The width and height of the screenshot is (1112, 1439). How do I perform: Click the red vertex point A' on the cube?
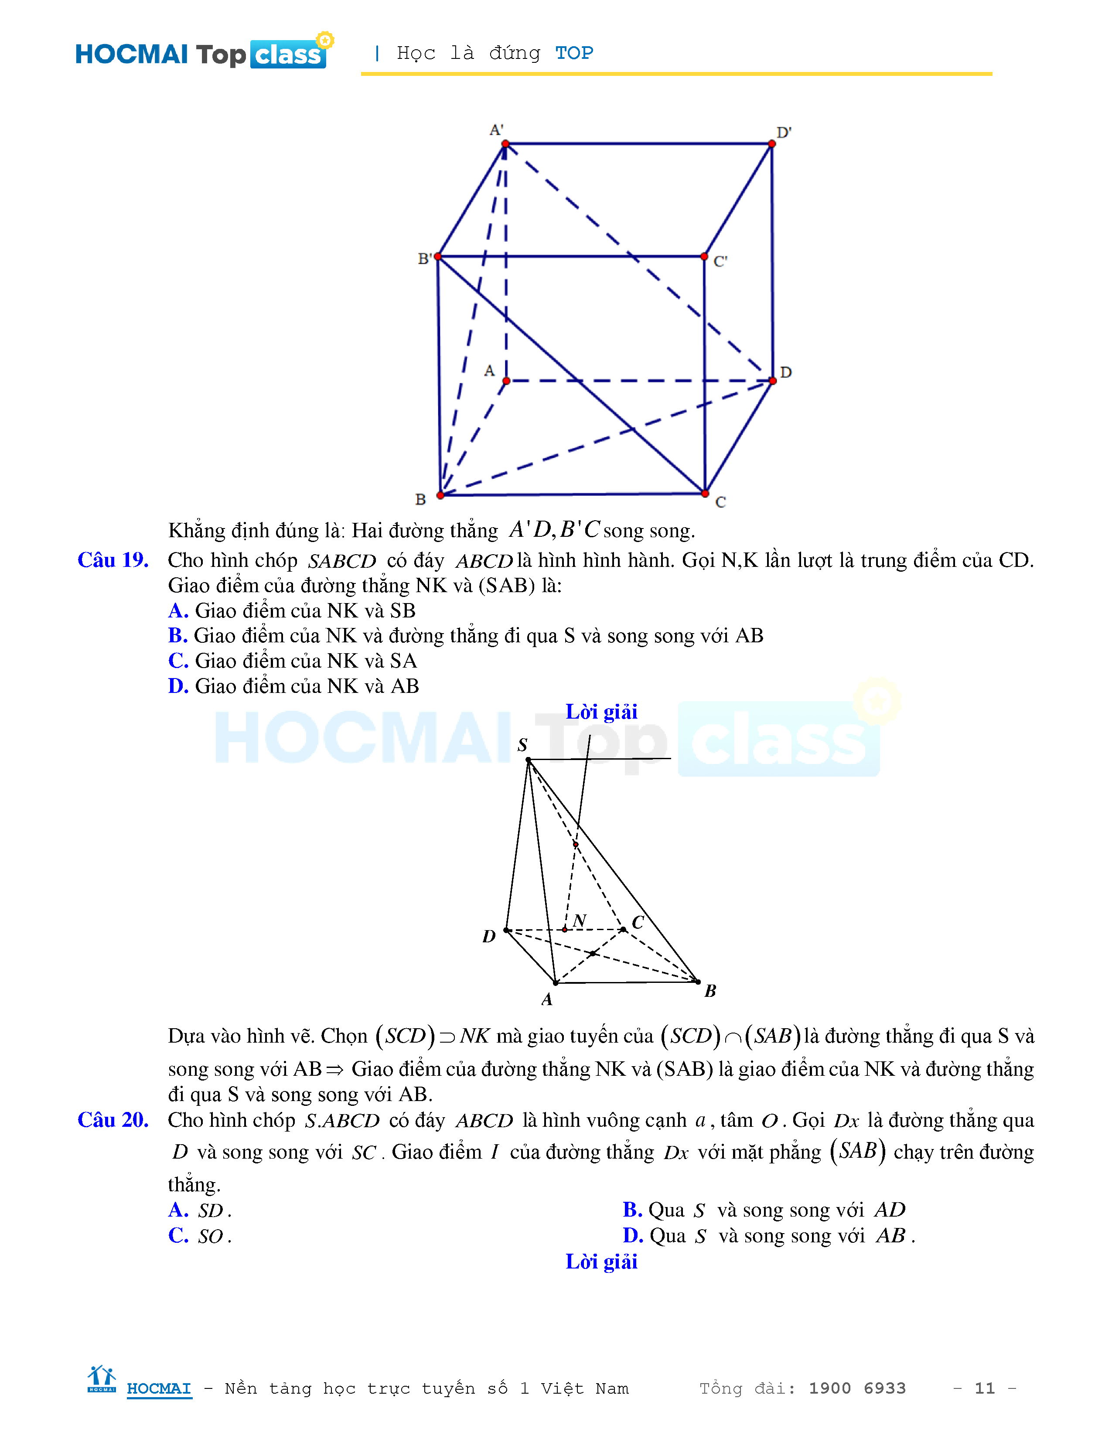coord(505,143)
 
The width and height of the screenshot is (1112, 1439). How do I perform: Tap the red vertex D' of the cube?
coord(771,143)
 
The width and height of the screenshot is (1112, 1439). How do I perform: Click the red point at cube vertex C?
coord(705,493)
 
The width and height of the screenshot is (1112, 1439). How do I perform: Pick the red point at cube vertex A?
coord(506,381)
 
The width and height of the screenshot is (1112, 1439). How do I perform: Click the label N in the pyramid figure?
coord(580,921)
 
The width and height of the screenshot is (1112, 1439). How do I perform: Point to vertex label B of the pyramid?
coord(710,991)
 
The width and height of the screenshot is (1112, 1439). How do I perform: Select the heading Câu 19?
coord(113,560)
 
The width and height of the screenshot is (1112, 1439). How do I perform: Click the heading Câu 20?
coord(113,1120)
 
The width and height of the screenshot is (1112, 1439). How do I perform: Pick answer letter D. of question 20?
coord(632,1236)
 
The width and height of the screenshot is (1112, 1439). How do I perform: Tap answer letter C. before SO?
coord(178,1236)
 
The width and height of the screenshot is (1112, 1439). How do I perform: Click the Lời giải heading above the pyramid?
coord(601,712)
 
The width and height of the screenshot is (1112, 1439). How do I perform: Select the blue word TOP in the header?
coord(574,53)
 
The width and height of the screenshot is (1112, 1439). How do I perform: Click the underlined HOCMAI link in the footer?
coord(159,1388)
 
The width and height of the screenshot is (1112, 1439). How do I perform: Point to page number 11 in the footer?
coord(984,1388)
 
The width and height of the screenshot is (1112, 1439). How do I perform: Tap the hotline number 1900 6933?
coord(857,1388)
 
